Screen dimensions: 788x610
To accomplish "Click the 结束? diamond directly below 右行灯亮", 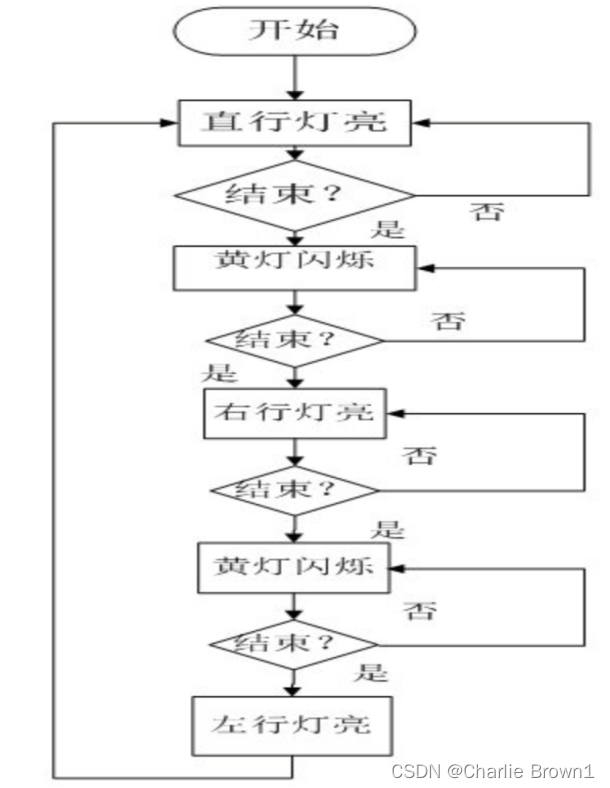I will click(293, 490).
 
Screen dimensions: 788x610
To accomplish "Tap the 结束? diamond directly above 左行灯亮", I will click(293, 643).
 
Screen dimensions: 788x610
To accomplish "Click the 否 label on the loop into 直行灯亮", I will click(487, 212).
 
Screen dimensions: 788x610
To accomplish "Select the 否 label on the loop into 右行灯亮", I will click(420, 456).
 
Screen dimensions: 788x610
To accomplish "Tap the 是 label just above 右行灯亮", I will click(220, 374).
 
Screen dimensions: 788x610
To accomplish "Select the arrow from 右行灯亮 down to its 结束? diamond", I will click(293, 454).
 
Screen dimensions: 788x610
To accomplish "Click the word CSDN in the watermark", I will click(416, 771).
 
